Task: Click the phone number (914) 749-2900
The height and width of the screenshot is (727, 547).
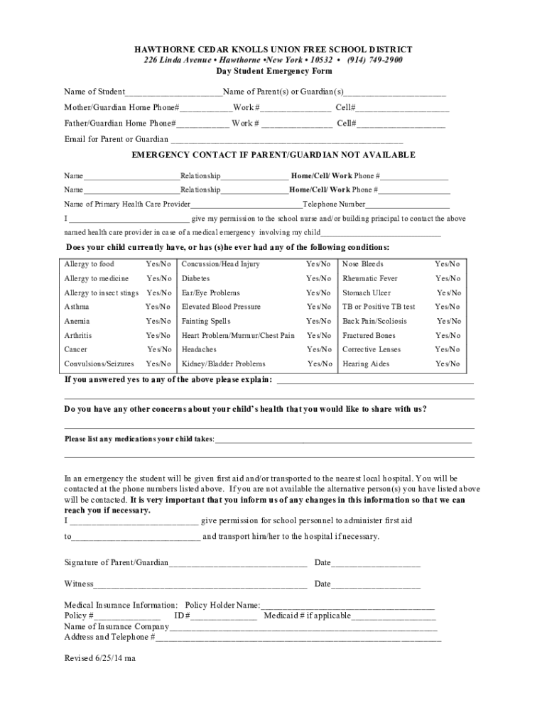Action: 374,60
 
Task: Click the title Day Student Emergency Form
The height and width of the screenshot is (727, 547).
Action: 273,72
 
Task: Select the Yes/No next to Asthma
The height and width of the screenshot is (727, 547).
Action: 158,307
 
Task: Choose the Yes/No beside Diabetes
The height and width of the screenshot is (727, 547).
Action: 319,278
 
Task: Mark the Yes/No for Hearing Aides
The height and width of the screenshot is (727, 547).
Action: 448,363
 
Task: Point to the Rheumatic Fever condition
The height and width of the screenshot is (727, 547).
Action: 370,278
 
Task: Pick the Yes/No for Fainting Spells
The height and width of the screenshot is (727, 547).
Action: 319,321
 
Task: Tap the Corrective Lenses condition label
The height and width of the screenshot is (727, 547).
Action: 372,349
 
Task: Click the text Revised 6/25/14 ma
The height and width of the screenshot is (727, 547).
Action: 100,658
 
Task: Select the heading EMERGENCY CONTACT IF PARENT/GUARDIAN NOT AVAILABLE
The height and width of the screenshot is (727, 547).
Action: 273,155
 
